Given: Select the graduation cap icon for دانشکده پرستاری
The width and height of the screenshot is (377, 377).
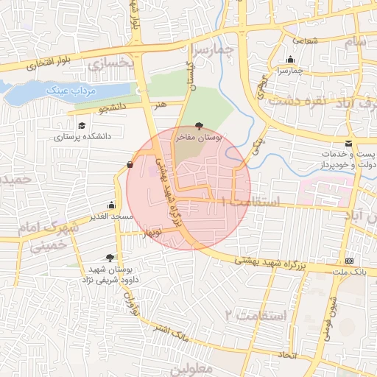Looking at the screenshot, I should (x=81, y=126).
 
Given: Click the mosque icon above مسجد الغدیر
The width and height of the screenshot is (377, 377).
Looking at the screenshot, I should (x=111, y=205).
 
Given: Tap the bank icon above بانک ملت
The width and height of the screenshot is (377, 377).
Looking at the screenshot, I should (x=349, y=261).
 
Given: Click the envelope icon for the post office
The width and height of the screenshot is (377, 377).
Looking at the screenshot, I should (x=348, y=143).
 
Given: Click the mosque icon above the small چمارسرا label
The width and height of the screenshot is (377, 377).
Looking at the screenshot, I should (x=291, y=60).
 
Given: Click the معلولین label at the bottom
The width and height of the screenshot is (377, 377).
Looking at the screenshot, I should (x=194, y=366).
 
